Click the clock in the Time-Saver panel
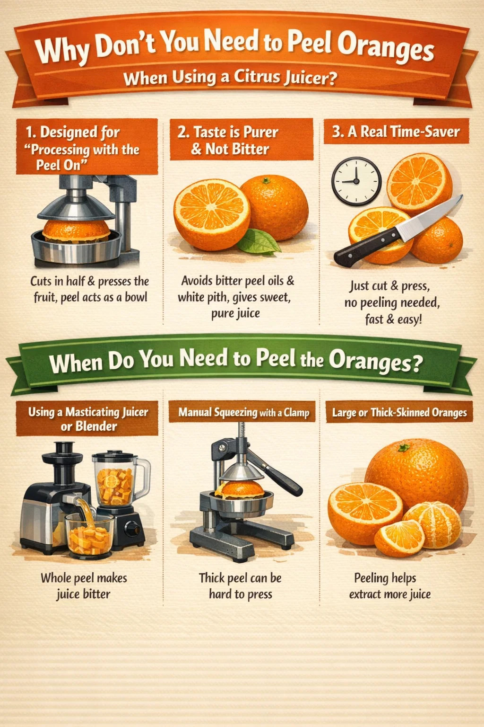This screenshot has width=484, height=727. click(356, 181)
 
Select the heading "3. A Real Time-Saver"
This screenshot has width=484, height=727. click(396, 132)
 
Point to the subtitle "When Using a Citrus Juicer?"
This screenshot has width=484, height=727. click(230, 78)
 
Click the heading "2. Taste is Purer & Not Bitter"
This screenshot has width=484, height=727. click(228, 140)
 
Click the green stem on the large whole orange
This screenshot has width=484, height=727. click(404, 448)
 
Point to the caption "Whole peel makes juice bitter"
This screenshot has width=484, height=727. click(84, 586)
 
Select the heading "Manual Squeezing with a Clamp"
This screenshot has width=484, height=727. click(244, 412)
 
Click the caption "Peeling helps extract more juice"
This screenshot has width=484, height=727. click(389, 586)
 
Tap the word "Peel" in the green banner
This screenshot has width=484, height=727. click(276, 358)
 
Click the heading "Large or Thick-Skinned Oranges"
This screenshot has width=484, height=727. click(399, 413)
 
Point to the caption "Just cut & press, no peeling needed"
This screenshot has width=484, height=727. click(392, 294)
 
